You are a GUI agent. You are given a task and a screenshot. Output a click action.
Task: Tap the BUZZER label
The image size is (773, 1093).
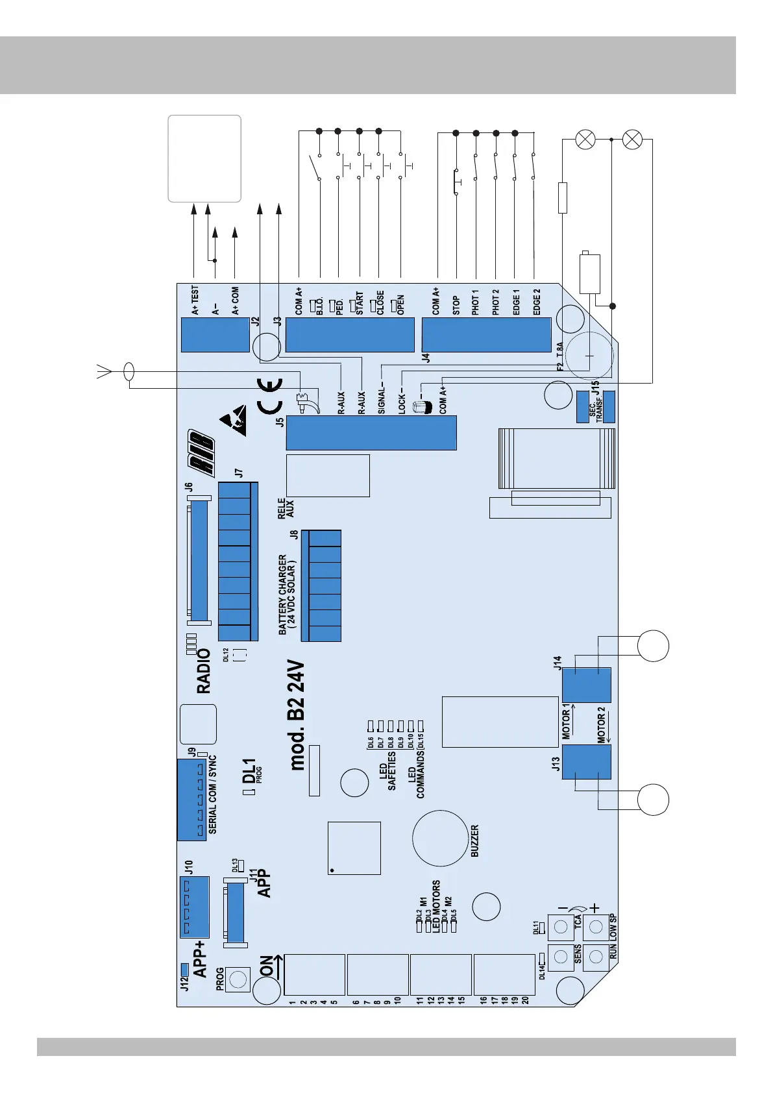(x=474, y=841)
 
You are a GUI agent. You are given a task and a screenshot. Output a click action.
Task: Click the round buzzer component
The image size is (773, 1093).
(x=440, y=838)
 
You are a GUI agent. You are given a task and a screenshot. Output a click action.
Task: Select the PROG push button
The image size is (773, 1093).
(x=239, y=979)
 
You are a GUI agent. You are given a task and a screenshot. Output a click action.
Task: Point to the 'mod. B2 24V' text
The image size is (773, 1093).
(x=297, y=716)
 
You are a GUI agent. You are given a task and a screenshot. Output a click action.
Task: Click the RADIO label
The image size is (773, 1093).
(x=204, y=671)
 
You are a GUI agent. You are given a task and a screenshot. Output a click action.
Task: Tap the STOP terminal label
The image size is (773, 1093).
(x=456, y=306)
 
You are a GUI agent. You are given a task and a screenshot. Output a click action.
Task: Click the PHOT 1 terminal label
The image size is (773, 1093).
(x=476, y=302)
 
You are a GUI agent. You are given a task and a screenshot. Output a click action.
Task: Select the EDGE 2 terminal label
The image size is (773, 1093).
(x=536, y=302)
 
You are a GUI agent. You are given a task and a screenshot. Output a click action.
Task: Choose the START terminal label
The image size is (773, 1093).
(x=359, y=304)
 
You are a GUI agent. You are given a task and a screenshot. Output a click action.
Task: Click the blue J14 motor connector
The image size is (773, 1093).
(x=586, y=685)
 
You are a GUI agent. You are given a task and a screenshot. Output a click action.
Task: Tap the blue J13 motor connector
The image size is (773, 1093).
(x=586, y=761)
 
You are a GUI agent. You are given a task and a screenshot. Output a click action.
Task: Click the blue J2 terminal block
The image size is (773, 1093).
(x=215, y=335)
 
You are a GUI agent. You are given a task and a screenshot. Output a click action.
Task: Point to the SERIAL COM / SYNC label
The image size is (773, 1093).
(x=213, y=794)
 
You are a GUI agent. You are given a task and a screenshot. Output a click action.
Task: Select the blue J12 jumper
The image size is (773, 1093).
(x=184, y=970)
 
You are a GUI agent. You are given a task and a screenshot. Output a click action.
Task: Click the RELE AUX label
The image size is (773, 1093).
(x=286, y=508)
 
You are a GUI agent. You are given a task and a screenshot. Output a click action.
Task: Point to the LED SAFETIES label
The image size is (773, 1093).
(x=387, y=771)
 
